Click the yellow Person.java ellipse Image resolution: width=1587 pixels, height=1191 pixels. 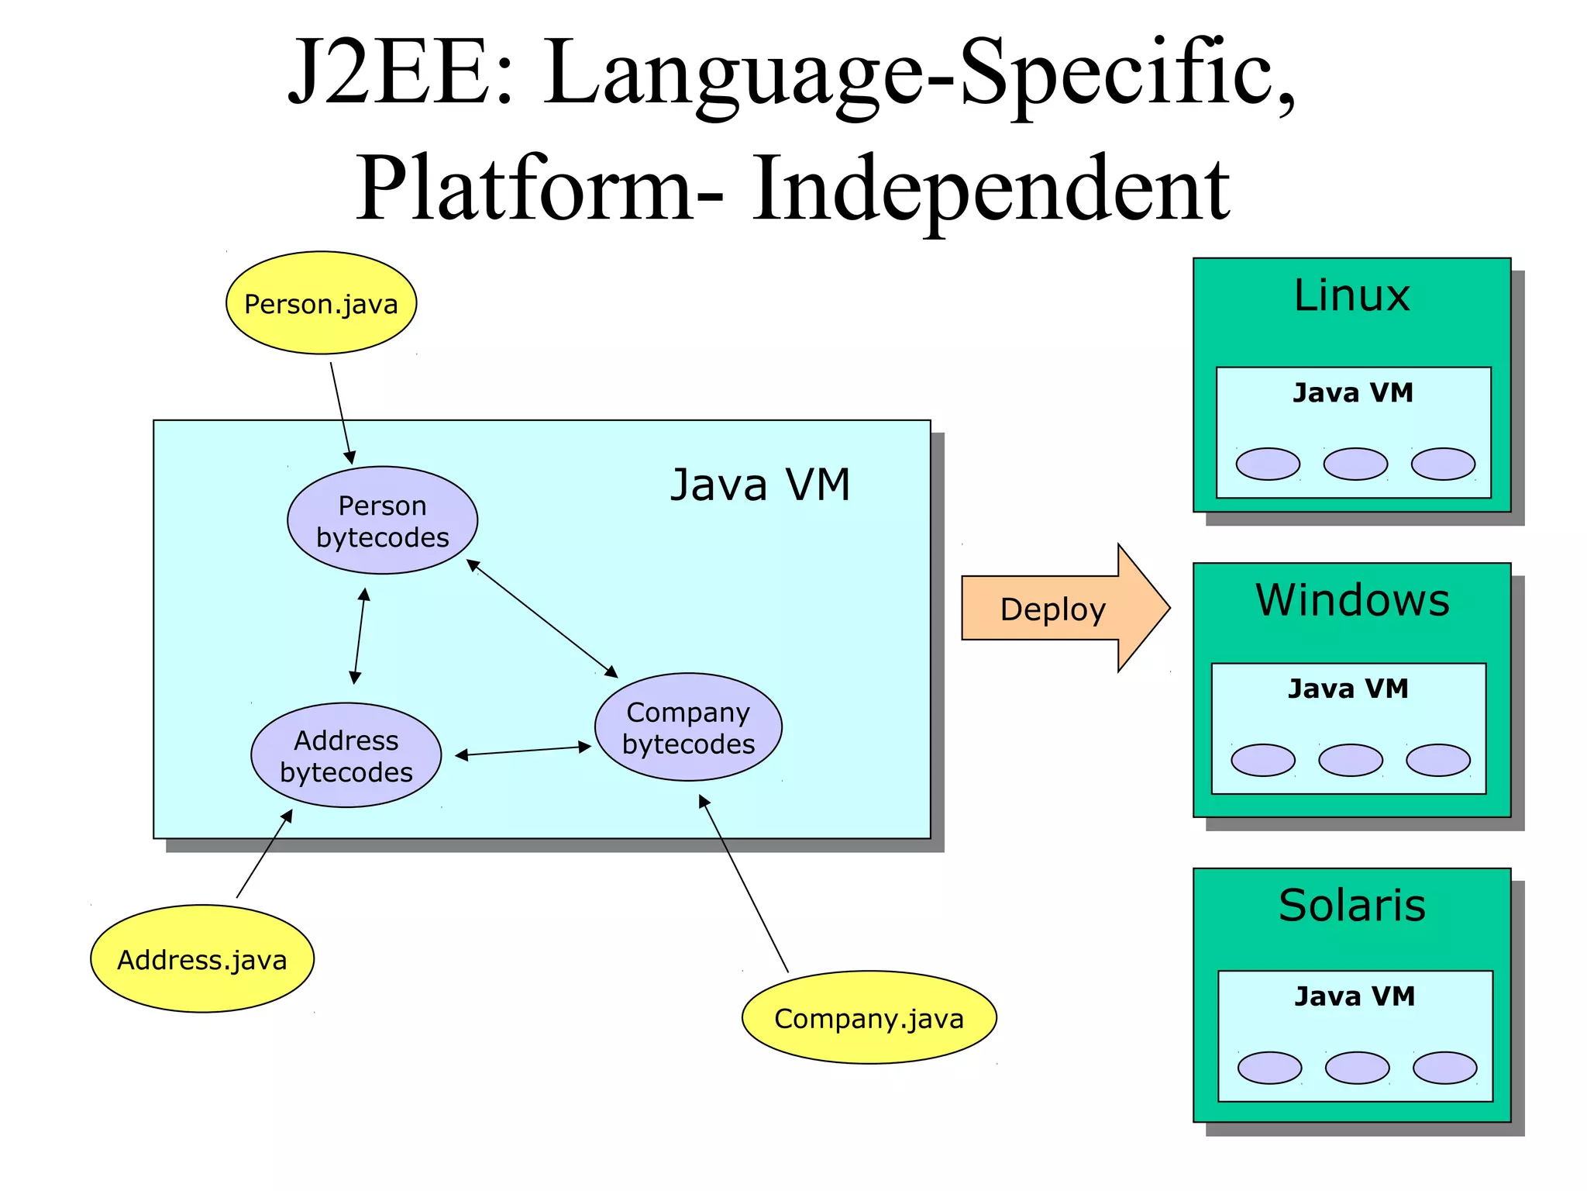click(321, 303)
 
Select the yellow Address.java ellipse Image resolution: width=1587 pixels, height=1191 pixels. click(202, 959)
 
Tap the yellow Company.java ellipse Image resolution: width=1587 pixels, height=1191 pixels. click(869, 1017)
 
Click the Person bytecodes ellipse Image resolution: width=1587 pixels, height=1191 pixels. click(382, 520)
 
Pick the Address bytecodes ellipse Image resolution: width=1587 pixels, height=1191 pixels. click(346, 755)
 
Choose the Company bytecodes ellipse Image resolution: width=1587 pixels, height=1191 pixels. click(688, 727)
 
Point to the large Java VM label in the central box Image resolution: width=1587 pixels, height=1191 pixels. click(760, 485)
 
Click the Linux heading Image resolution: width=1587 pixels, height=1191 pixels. click(1351, 295)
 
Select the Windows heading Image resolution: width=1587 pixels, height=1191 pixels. click(1351, 600)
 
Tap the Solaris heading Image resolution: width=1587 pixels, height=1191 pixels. click(1351, 905)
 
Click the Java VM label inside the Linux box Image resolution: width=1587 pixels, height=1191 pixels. click(1352, 393)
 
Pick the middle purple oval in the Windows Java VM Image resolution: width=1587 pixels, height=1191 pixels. click(1350, 760)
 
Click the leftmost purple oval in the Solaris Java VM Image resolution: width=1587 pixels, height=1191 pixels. click(1269, 1068)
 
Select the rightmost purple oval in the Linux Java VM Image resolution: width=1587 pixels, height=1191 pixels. click(1442, 464)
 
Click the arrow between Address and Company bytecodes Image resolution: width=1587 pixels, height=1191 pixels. click(523, 751)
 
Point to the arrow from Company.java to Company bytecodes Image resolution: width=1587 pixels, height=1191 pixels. click(744, 884)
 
